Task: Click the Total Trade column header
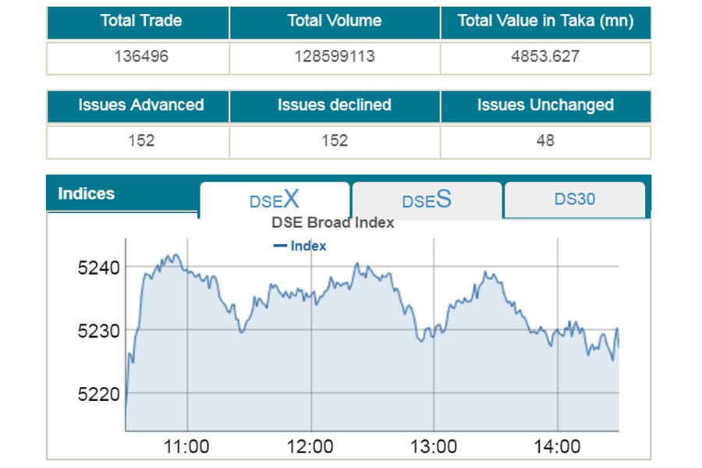[x=140, y=21]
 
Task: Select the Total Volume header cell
[x=335, y=21]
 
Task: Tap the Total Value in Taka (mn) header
[x=545, y=21]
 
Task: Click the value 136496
[x=140, y=57]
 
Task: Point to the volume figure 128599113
[x=335, y=57]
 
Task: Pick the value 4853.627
[x=545, y=57]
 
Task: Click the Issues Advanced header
[x=140, y=105]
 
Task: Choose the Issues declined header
[x=335, y=105]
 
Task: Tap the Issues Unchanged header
[x=545, y=105]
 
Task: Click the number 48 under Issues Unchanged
[x=545, y=141]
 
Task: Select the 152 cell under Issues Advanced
[x=140, y=141]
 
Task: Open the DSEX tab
[x=275, y=200]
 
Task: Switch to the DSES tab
[x=427, y=200]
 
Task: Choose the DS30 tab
[x=575, y=199]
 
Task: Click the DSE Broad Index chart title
[x=333, y=222]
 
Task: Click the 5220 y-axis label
[x=98, y=394]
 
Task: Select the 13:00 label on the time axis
[x=434, y=447]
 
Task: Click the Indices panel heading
[x=87, y=193]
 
